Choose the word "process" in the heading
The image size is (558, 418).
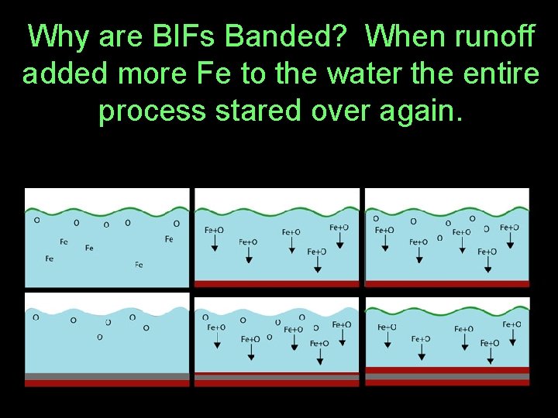[153, 111]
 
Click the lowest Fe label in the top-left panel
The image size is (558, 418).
[139, 265]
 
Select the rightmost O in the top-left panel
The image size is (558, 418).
[177, 224]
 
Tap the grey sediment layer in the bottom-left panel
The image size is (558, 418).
[107, 376]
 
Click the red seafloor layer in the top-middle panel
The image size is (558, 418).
[277, 283]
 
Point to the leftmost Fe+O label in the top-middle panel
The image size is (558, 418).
[215, 230]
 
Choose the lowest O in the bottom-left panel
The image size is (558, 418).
[100, 337]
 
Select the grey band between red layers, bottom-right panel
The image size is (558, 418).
[447, 375]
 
